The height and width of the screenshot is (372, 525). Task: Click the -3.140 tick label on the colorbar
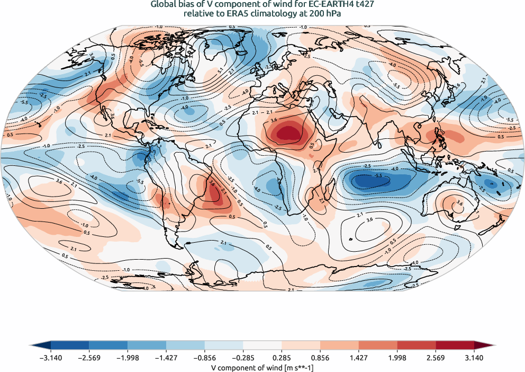[51, 358]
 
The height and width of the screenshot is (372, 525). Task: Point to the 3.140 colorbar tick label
[474, 358]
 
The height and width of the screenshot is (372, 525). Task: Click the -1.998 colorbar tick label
[128, 358]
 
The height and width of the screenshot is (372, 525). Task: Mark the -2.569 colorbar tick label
[89, 358]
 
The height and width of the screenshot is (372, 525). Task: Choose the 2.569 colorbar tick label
[435, 358]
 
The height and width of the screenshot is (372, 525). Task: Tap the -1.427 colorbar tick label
[166, 358]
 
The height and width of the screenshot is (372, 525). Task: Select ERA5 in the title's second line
[237, 14]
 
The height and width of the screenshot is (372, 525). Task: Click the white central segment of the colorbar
[262, 346]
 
